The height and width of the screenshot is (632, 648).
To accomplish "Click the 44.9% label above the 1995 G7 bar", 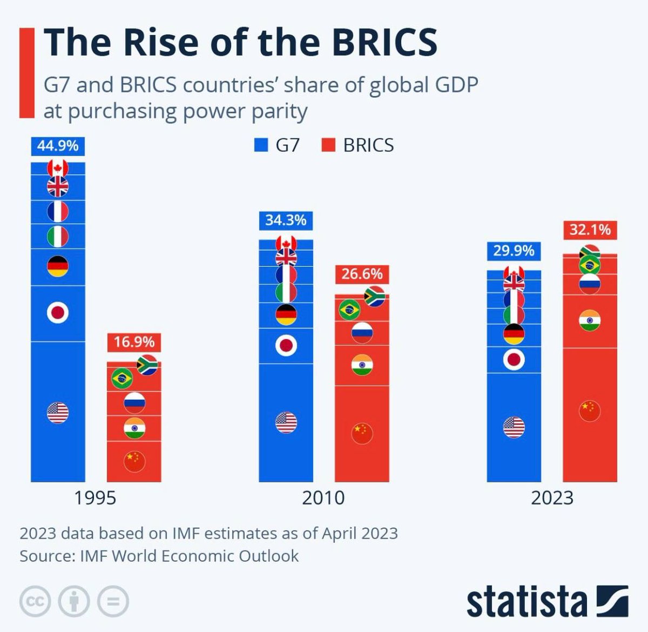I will tap(58, 146).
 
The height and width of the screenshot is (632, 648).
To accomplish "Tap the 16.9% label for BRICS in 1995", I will tap(134, 342).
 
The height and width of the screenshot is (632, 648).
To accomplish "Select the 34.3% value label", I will tap(286, 220).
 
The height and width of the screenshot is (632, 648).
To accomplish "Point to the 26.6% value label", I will tap(362, 274).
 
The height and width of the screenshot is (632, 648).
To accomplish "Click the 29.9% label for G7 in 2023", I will tap(514, 251).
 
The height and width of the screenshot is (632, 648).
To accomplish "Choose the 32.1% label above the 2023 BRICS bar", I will tap(590, 230).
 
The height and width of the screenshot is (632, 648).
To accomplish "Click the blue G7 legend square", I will tap(261, 145).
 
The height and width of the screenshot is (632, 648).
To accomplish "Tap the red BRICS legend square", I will tap(328, 145).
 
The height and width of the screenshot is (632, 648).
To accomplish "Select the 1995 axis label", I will tap(95, 497).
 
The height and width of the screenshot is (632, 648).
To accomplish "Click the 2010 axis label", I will tap(323, 497).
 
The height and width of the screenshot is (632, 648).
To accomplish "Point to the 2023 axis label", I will tap(551, 497).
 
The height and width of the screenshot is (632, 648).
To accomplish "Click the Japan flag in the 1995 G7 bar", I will tap(58, 312).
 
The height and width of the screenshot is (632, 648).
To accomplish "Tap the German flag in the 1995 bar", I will tap(58, 266).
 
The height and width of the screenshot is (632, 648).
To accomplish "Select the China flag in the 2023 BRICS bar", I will tap(590, 411).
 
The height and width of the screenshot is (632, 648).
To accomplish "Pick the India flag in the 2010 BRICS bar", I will tap(362, 366).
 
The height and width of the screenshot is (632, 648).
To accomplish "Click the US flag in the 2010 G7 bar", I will tap(286, 422).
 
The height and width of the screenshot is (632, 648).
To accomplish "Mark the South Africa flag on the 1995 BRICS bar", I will tap(147, 365).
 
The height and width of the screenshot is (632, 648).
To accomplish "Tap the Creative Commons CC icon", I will tap(35, 601).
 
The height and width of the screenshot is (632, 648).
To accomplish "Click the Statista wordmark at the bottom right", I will tap(526, 601).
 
